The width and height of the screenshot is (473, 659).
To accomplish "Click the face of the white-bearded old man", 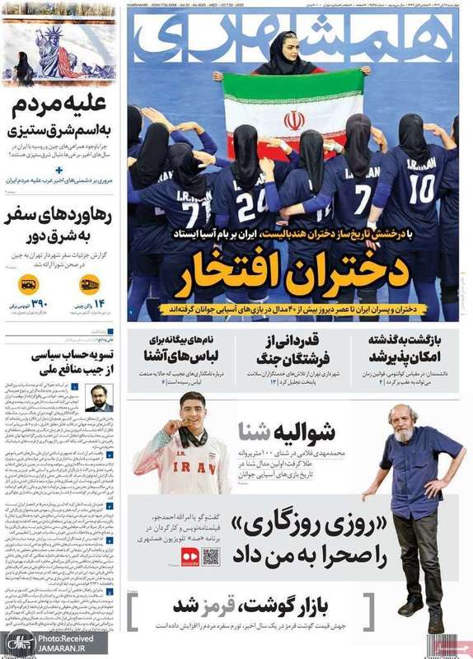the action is point(402,423).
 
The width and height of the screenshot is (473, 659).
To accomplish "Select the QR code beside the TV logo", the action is point(210,556).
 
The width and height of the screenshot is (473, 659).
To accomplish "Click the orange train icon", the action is point(90,284).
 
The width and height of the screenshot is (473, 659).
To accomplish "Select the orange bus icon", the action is point(28,285).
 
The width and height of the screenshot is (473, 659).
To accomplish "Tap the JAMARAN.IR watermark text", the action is point(65,648).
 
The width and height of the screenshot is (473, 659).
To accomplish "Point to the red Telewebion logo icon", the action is point(188,556).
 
